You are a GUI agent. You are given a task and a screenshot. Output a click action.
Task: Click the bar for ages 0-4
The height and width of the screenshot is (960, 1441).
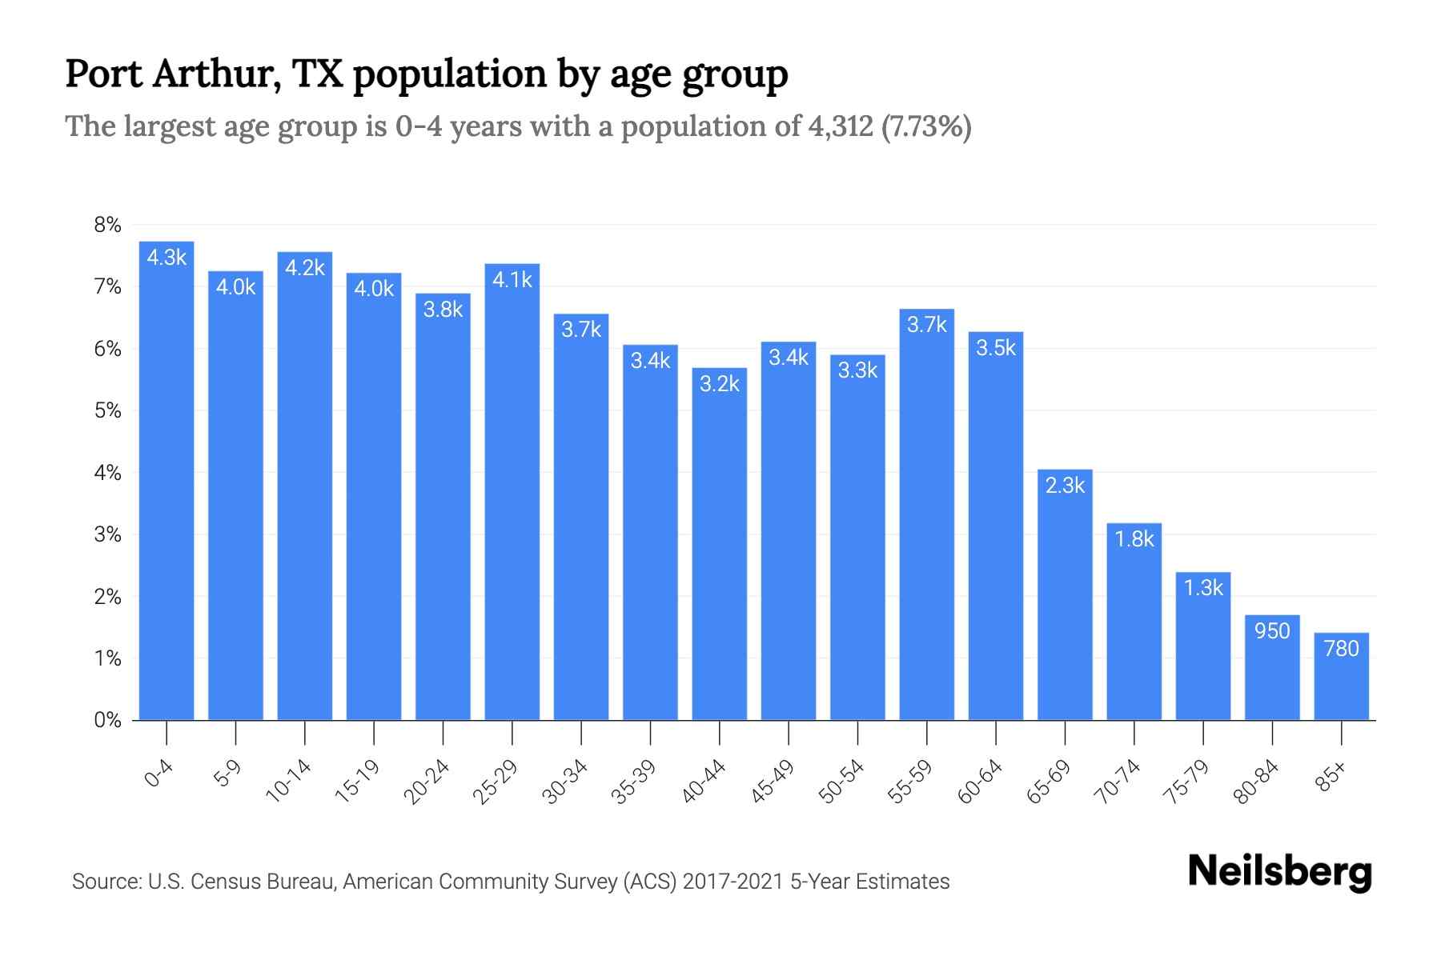click(167, 480)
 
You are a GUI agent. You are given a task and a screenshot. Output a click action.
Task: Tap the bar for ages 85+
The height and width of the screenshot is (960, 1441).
click(1341, 676)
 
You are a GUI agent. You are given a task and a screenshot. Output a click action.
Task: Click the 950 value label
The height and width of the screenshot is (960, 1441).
click(1272, 631)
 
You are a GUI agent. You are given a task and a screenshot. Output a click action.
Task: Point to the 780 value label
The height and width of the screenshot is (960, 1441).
click(1341, 648)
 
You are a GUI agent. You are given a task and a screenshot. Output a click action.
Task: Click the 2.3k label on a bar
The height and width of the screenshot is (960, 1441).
click(1065, 485)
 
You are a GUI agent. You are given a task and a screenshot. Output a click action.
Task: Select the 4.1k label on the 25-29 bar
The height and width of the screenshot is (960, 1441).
click(512, 279)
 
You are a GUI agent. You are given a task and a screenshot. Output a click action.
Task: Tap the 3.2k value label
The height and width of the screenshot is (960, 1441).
click(719, 384)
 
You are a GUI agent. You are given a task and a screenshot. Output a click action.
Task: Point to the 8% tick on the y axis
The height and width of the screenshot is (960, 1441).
click(107, 225)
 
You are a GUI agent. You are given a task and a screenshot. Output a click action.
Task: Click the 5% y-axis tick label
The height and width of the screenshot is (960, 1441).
click(107, 410)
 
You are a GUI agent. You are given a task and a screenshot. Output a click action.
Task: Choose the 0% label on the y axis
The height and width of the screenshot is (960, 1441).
click(107, 720)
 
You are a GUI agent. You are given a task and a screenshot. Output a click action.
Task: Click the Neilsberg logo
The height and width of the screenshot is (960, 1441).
click(1279, 872)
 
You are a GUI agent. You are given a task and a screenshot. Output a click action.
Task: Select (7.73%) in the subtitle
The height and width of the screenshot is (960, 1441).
click(926, 126)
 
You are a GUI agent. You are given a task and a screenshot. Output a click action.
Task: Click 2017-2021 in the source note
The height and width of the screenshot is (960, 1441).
click(733, 882)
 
